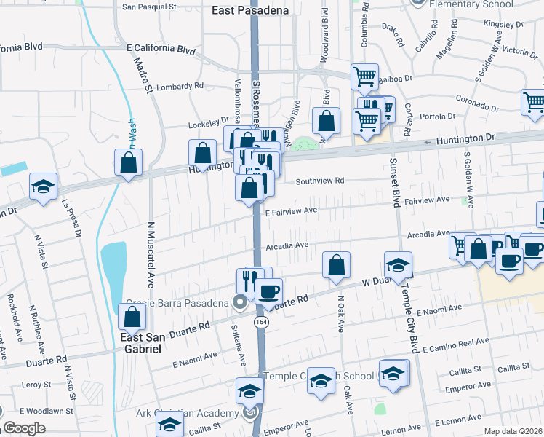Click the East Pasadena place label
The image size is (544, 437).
(249, 10)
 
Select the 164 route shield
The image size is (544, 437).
(259, 322)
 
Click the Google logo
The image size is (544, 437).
(24, 428)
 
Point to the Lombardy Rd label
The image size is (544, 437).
(180, 85)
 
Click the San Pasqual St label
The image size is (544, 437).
(149, 7)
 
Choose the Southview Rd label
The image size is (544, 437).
(319, 181)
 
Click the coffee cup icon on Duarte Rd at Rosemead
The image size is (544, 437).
(268, 291)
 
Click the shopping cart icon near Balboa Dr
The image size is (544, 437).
(364, 76)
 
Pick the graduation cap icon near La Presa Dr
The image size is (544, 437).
(43, 186)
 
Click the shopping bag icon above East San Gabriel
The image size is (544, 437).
(132, 317)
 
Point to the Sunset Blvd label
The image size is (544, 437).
(396, 181)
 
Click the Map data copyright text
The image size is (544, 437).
(513, 431)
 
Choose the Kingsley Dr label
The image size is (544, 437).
(499, 24)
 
